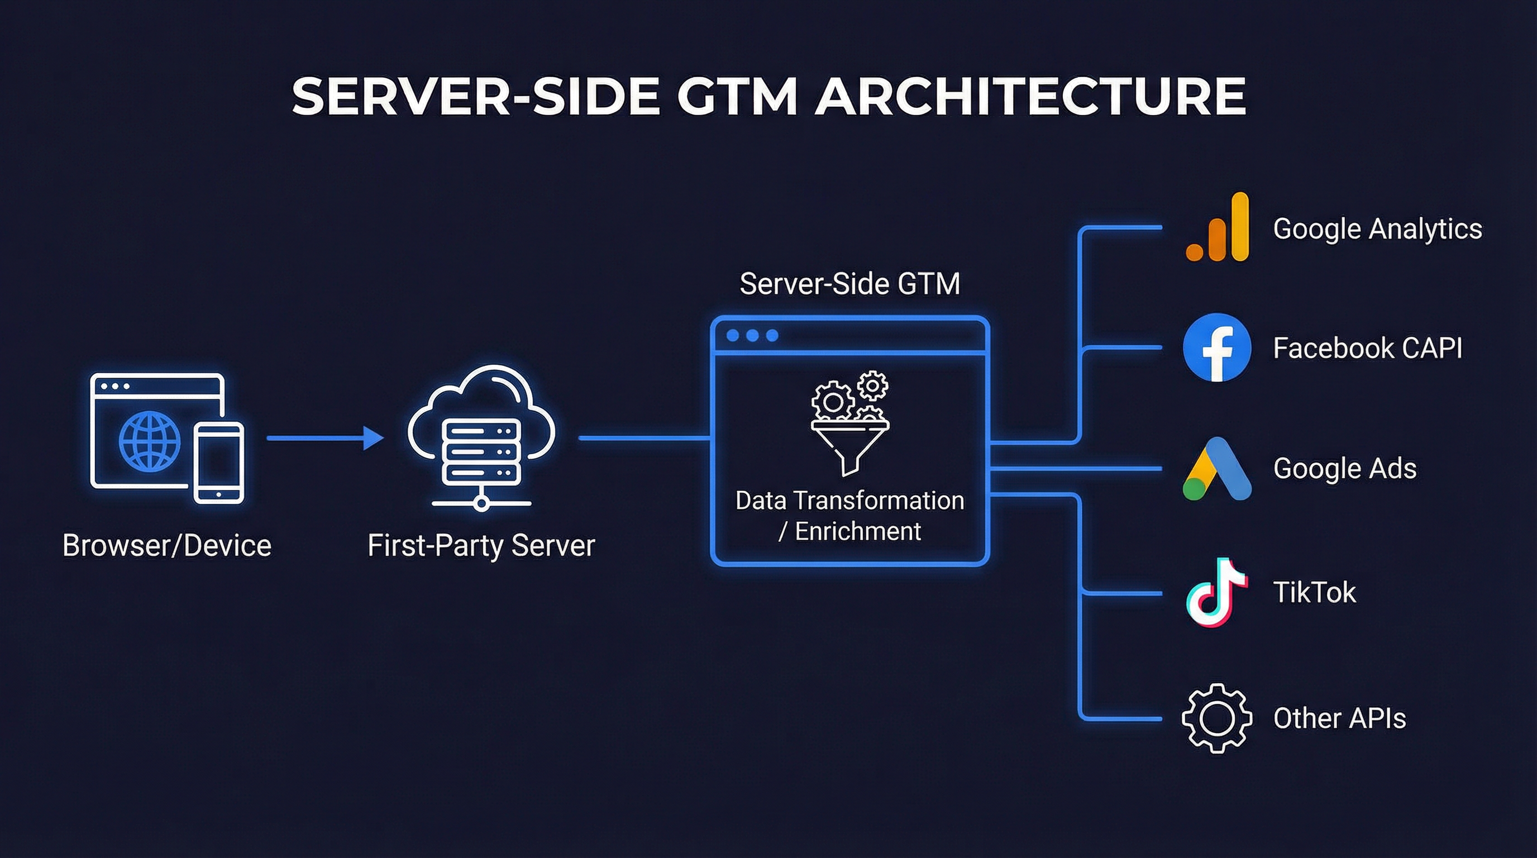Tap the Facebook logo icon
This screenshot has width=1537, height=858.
[x=1216, y=348]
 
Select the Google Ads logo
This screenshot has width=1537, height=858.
[x=1216, y=469]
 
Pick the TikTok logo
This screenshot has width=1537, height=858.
[x=1215, y=593]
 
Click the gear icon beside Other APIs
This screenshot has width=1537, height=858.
[x=1216, y=718]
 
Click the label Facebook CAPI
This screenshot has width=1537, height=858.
[x=1368, y=349]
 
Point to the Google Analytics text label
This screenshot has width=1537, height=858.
[x=1377, y=229]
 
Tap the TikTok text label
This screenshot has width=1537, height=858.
[x=1315, y=593]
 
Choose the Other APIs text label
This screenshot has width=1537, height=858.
[x=1339, y=718]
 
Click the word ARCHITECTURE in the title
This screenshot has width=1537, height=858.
[x=1030, y=96]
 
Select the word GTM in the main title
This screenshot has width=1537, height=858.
[x=737, y=96]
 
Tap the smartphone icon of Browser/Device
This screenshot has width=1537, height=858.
[x=219, y=463]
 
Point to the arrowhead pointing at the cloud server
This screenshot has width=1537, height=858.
[x=373, y=438]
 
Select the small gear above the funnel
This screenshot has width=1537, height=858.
[x=872, y=385]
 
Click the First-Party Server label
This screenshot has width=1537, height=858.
[x=481, y=545]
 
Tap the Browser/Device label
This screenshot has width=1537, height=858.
[x=167, y=545]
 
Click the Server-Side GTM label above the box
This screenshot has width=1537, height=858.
[x=849, y=283]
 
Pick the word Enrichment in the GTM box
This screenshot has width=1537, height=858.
[x=858, y=531]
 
